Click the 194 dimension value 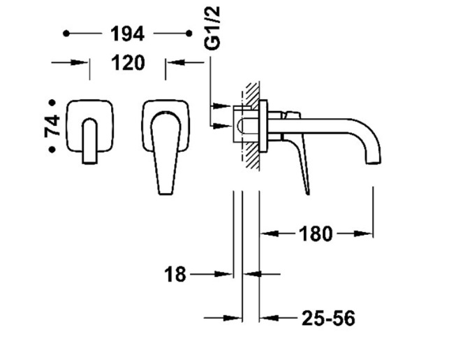pyautogui.click(x=128, y=34)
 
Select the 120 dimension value pyautogui.click(x=128, y=63)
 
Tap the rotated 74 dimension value pyautogui.click(x=52, y=125)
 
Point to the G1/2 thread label pyautogui.click(x=212, y=28)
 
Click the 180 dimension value pyautogui.click(x=316, y=233)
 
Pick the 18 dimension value pyautogui.click(x=175, y=274)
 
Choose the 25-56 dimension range pyautogui.click(x=328, y=318)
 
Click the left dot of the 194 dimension pyautogui.click(x=66, y=34)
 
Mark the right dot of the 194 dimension pyautogui.click(x=189, y=34)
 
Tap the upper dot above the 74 pyautogui.click(x=52, y=103)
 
